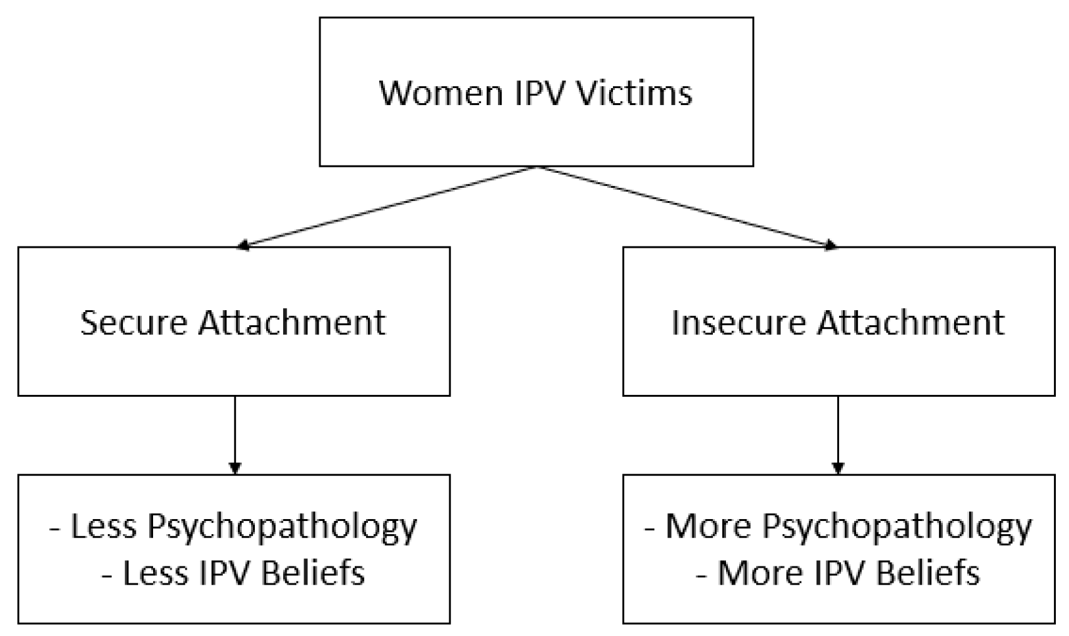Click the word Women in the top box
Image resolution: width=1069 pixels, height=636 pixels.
pos(432,92)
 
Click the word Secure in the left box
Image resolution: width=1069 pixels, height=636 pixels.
pos(133,322)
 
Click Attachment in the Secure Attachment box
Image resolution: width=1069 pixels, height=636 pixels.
pos(292,322)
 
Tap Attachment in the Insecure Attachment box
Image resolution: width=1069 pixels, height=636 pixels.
pos(911,322)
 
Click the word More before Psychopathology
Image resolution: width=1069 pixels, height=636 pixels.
pos(706,526)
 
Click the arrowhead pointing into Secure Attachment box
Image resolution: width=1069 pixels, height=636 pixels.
pos(243,246)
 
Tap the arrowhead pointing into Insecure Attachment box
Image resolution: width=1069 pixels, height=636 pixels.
pos(832,246)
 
